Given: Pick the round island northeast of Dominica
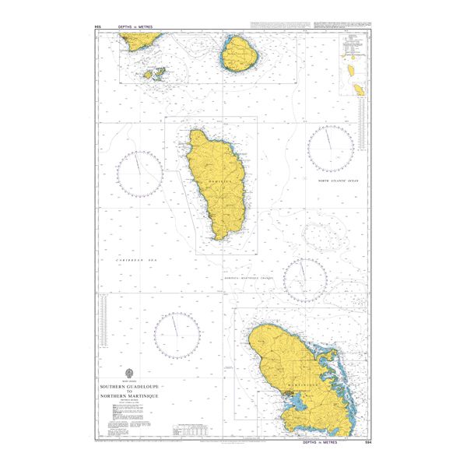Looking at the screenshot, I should click(239, 54).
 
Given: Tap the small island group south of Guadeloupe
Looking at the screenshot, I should click(154, 74).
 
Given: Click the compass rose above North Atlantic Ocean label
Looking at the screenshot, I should click(330, 148).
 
